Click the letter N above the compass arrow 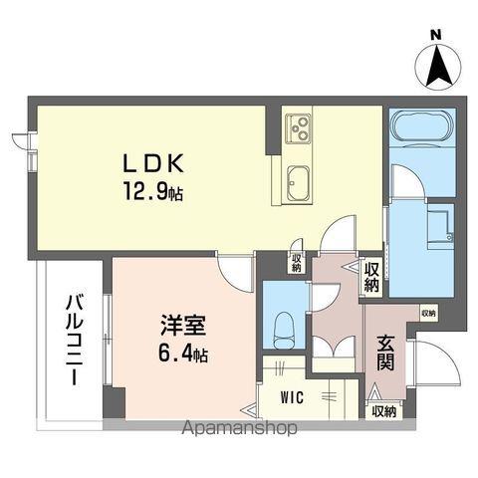(435, 36)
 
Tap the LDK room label (154, 161)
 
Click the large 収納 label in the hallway (371, 277)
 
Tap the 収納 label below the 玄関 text (383, 409)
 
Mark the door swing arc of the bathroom (406, 181)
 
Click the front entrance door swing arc (428, 358)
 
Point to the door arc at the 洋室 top (235, 271)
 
